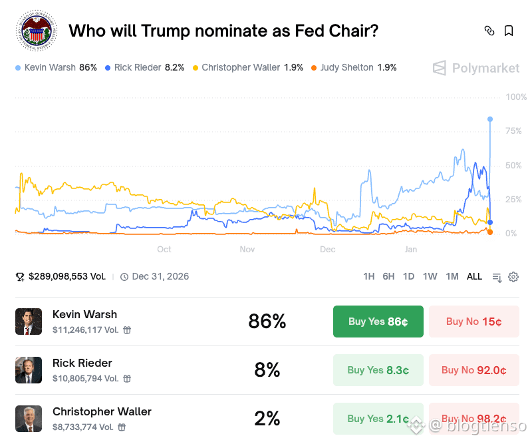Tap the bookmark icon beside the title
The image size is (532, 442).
[509, 31]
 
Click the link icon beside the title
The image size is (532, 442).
[489, 31]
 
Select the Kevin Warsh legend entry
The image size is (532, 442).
[56, 67]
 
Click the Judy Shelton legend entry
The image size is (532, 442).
[353, 67]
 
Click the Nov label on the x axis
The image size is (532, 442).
[247, 249]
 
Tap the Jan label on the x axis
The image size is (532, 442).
[411, 249]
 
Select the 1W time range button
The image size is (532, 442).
[430, 276]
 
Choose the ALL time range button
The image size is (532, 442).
[474, 276]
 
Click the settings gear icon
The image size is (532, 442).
[513, 277]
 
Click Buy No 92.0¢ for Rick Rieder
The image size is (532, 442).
[474, 370]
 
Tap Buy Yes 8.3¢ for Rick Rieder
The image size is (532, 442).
[378, 370]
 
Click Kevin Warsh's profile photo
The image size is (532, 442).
[29, 322]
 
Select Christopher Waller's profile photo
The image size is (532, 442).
[29, 419]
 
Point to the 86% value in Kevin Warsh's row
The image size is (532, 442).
[267, 322]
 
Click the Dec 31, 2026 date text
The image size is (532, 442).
[160, 276]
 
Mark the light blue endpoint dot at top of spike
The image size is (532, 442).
[490, 119]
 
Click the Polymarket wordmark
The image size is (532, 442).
[485, 68]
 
